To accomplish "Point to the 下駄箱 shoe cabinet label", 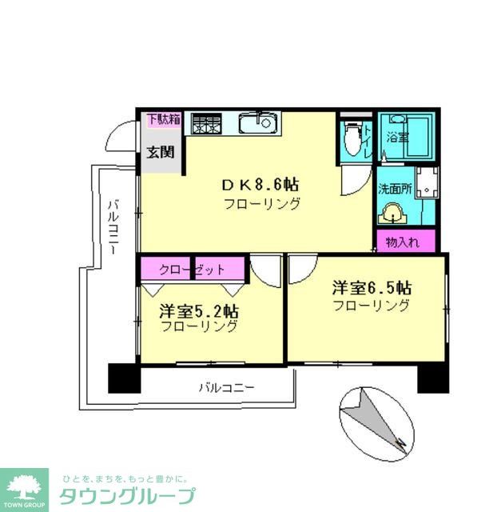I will [x=163, y=120].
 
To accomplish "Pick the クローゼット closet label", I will [x=192, y=270].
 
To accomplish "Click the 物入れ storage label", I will [x=405, y=240].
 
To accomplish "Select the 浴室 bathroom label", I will [x=396, y=137].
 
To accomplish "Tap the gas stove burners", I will [x=206, y=124].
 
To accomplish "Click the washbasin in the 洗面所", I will [x=392, y=214].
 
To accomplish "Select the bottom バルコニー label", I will [x=226, y=387].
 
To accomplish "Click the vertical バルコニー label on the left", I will [x=113, y=228].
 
